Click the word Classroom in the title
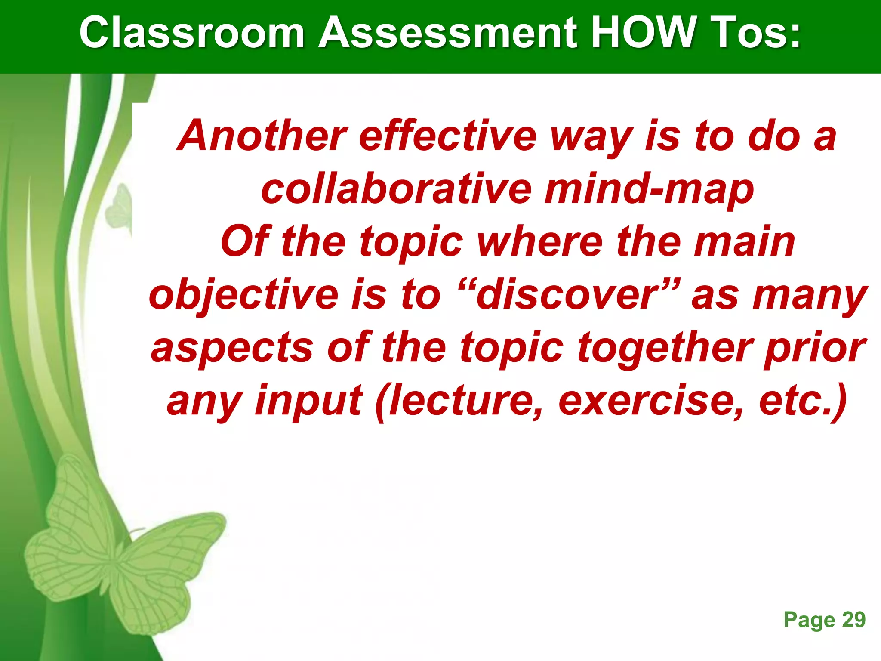(x=192, y=33)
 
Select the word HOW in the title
(x=644, y=33)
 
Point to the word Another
(x=262, y=136)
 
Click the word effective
(x=448, y=136)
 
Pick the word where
(x=539, y=242)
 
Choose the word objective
(x=243, y=296)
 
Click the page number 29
(x=853, y=620)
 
